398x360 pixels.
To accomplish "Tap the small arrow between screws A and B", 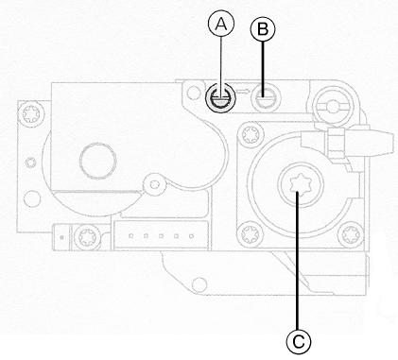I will point(243,93).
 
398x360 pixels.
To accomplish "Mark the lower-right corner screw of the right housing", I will point(349,228).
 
